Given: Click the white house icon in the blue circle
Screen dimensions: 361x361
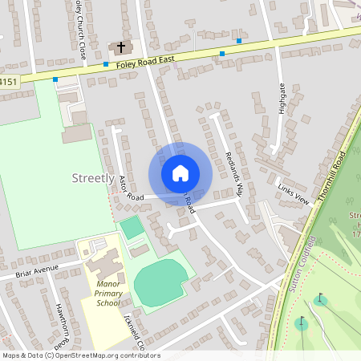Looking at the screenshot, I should (x=180, y=173).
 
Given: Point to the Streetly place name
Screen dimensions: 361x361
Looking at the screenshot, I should (x=92, y=178).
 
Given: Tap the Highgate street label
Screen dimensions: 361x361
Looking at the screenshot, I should (x=282, y=99).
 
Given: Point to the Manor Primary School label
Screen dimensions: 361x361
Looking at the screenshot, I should (x=107, y=294).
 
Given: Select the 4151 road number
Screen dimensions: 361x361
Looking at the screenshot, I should (x=8, y=81).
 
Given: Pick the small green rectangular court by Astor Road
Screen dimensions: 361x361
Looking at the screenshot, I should (x=132, y=228).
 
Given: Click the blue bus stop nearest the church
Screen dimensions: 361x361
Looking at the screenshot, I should (x=106, y=64).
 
